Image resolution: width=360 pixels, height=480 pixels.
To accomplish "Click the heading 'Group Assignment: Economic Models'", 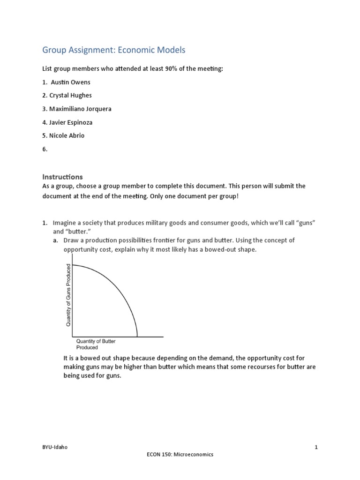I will pos(114,50).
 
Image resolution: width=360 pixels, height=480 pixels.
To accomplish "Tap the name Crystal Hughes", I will pos(74,96).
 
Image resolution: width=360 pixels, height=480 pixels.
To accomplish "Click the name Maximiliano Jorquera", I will pos(80,109).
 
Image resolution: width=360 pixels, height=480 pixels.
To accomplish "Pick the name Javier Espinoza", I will pos(74,122).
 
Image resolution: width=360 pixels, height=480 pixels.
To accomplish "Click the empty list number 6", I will pos(45,149).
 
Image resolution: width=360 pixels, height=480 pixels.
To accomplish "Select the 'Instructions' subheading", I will pos(62,177).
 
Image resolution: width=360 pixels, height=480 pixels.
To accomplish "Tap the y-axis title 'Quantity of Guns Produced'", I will pos(68,295).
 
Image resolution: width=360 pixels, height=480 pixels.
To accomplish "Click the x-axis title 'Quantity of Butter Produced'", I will pos(96,344).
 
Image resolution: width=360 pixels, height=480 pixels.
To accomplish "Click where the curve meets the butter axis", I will pos(137,336).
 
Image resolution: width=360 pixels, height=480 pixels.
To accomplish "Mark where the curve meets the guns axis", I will pos(73,265).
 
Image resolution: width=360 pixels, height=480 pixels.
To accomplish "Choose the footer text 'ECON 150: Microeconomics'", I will pos(180,454).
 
